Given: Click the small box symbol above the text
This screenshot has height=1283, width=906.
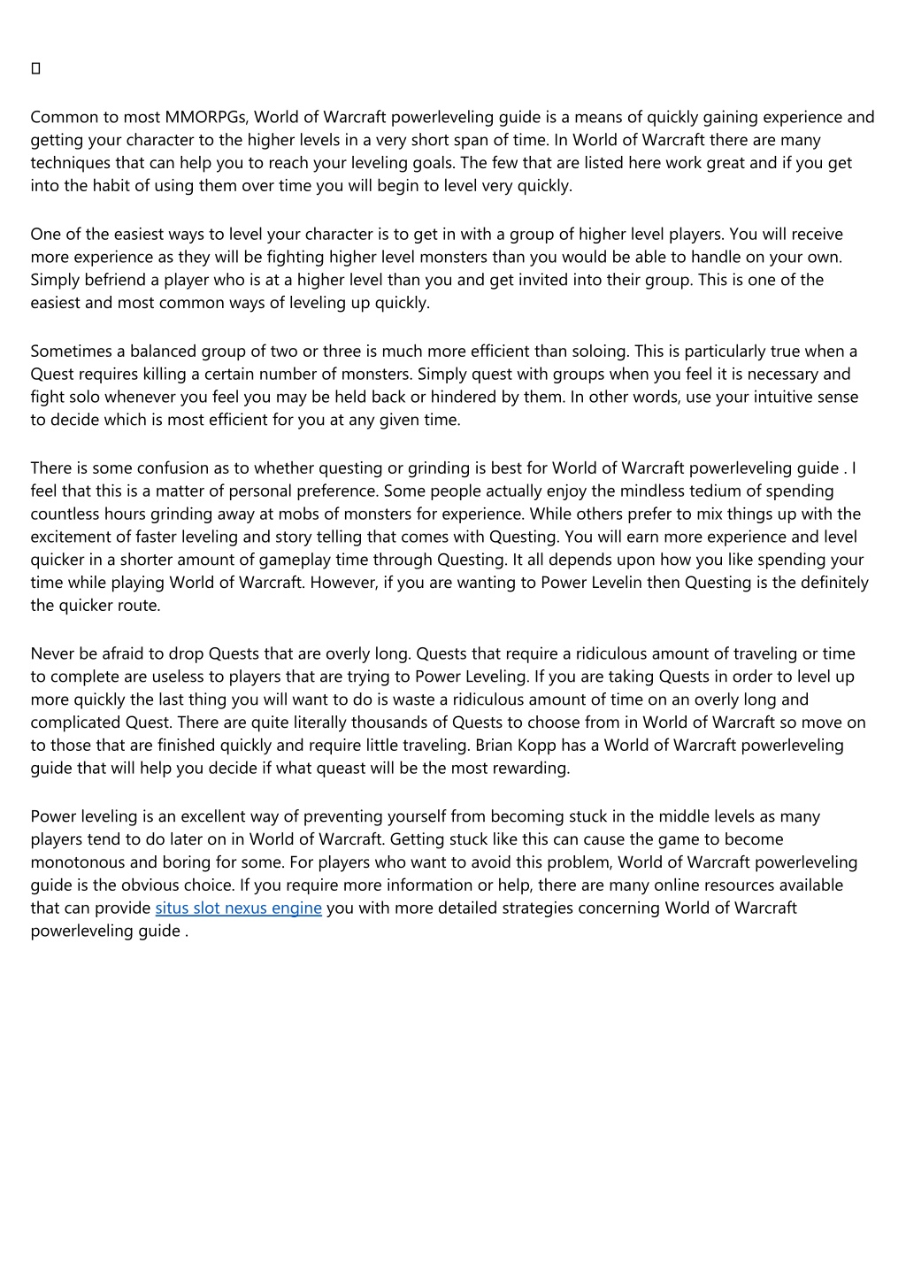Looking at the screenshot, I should coord(36,69).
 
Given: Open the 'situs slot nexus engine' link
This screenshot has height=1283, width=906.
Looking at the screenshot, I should coord(238,908).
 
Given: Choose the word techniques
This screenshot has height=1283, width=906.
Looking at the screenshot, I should coord(70,163).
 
